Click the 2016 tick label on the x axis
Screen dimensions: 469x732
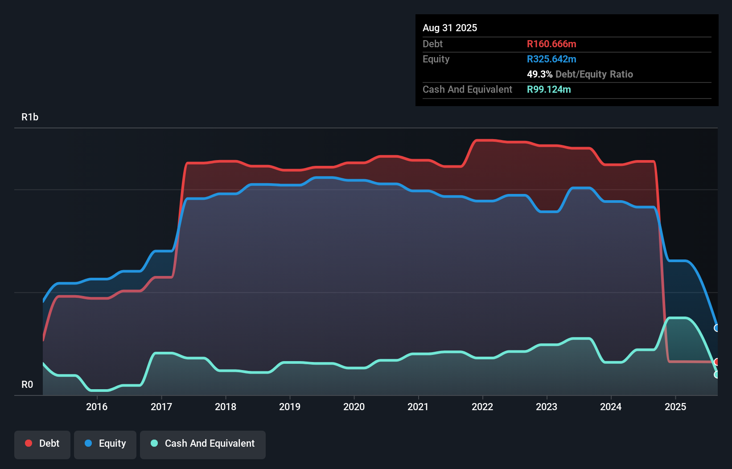pyautogui.click(x=97, y=407)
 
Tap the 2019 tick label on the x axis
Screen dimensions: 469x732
pyautogui.click(x=290, y=407)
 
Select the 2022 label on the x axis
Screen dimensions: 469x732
pyautogui.click(x=482, y=407)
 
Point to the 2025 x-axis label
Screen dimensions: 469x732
pyautogui.click(x=675, y=407)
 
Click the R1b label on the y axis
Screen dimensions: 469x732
pyautogui.click(x=30, y=117)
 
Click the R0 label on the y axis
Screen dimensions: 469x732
pyautogui.click(x=27, y=385)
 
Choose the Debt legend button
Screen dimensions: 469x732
pyautogui.click(x=42, y=444)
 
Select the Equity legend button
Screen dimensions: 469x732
pyautogui.click(x=105, y=444)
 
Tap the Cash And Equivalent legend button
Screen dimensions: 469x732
pyautogui.click(x=203, y=444)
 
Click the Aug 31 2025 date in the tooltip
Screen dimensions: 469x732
pyautogui.click(x=450, y=28)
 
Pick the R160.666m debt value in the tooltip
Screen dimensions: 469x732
pyautogui.click(x=551, y=44)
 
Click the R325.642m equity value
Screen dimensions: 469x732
pyautogui.click(x=551, y=59)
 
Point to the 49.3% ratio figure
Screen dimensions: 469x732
pyautogui.click(x=539, y=74)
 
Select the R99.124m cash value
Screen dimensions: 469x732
pyautogui.click(x=549, y=90)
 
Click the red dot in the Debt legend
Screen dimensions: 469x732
pyautogui.click(x=29, y=443)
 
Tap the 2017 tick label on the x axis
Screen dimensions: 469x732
pyautogui.click(x=161, y=407)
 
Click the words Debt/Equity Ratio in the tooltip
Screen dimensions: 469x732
pyautogui.click(x=594, y=74)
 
